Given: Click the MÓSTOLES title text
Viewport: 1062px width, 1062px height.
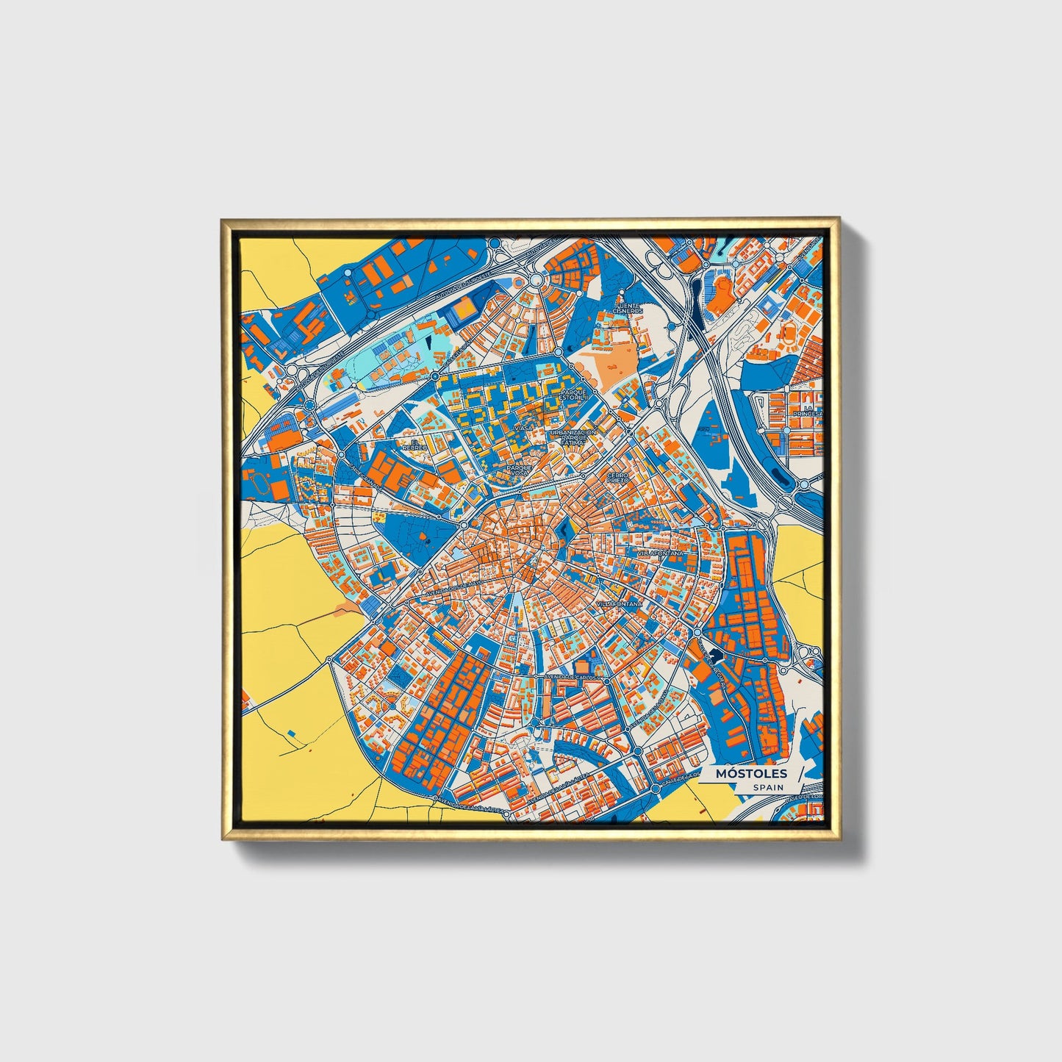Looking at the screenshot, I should pyautogui.click(x=751, y=773).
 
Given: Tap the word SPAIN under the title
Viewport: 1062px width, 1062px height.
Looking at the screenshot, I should pyautogui.click(x=768, y=787).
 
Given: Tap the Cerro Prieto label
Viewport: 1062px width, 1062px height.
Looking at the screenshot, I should pyautogui.click(x=617, y=478).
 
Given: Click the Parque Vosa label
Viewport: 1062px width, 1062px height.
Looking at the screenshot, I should pyautogui.click(x=519, y=470).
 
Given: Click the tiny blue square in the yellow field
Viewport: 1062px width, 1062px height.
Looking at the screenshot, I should pyautogui.click(x=293, y=733).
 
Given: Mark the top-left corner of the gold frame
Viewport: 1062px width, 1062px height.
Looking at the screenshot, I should pyautogui.click(x=223, y=220).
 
